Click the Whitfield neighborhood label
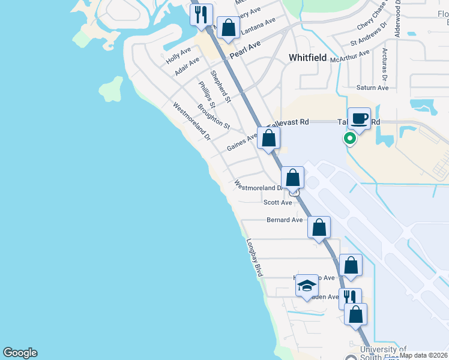pyautogui.click(x=307, y=58)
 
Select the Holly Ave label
pyautogui.click(x=178, y=56)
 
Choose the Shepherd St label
pyautogui.click(x=222, y=90)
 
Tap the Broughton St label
pyautogui.click(x=214, y=116)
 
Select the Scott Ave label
pyautogui.click(x=277, y=203)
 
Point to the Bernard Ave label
pyautogui.click(x=285, y=220)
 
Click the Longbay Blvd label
pyautogui.click(x=255, y=258)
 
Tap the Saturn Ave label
pyautogui.click(x=372, y=88)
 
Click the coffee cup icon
pyautogui.click(x=360, y=118)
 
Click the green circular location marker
pyautogui.click(x=349, y=139)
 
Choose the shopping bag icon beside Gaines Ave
pyautogui.click(x=270, y=137)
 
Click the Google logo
pyautogui.click(x=20, y=353)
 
